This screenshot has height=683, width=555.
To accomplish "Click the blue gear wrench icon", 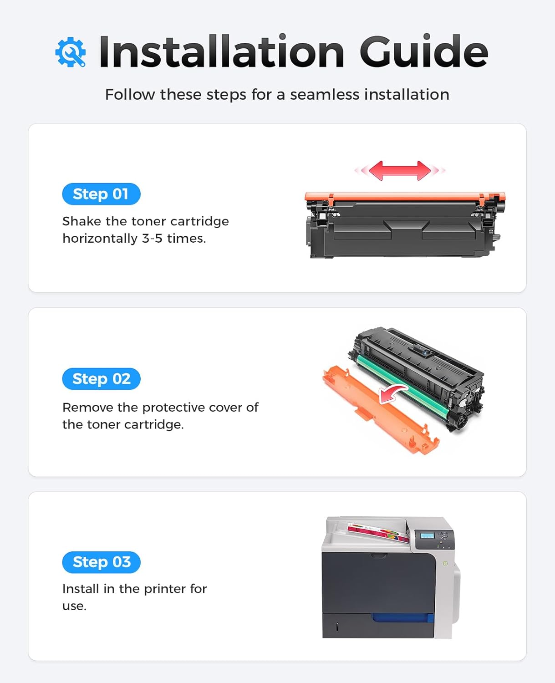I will pyautogui.click(x=70, y=52).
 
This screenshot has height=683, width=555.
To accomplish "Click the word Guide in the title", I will pyautogui.click(x=423, y=52).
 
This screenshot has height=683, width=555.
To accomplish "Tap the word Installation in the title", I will pyautogui.click(x=221, y=52).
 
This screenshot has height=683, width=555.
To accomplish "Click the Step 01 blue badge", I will pyautogui.click(x=101, y=194).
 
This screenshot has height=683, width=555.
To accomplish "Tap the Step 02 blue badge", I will pyautogui.click(x=101, y=379).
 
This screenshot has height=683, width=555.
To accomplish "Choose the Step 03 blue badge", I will pyautogui.click(x=101, y=562).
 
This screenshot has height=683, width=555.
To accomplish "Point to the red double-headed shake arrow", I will pyautogui.click(x=400, y=170).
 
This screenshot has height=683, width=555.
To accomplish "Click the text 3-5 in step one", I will pyautogui.click(x=152, y=238).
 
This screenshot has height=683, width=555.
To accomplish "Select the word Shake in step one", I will pyautogui.click(x=82, y=221).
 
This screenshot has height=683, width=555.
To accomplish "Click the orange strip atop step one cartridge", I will pyautogui.click(x=404, y=197).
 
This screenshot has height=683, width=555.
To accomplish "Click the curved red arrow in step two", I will pyautogui.click(x=392, y=392).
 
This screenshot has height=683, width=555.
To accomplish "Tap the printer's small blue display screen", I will pyautogui.click(x=427, y=535).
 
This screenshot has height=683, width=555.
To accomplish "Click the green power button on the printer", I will pyautogui.click(x=445, y=564).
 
